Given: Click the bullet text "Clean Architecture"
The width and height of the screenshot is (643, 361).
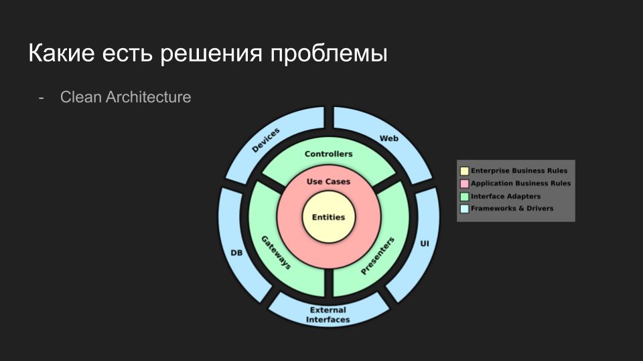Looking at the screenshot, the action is click(x=125, y=97).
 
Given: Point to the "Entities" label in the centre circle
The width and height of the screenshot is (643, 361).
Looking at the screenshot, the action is click(x=328, y=217).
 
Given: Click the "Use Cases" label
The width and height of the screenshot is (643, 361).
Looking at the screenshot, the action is click(x=328, y=181).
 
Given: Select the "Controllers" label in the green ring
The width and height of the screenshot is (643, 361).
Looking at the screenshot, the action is click(x=328, y=154).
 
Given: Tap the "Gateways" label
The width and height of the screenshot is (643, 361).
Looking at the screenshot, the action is click(x=276, y=252).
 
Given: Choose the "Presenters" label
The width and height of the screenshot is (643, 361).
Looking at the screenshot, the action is click(x=378, y=255).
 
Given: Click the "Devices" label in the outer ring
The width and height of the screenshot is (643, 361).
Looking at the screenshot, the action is click(x=266, y=140).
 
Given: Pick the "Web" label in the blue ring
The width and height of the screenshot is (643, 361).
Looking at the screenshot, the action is click(x=389, y=138).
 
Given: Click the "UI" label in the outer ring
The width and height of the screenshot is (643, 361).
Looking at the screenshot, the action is click(x=424, y=244).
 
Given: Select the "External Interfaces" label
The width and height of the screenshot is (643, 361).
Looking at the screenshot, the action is click(x=328, y=315).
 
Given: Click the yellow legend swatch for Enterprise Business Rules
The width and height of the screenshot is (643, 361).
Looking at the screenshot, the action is click(x=464, y=170).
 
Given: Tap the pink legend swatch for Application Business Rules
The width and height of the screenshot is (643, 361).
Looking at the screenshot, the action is click(x=464, y=183).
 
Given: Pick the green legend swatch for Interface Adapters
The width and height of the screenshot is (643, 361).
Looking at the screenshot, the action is click(x=464, y=197).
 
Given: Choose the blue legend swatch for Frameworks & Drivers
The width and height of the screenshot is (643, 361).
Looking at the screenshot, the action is click(x=464, y=209).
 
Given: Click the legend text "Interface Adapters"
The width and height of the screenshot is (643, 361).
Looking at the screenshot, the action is click(x=505, y=197).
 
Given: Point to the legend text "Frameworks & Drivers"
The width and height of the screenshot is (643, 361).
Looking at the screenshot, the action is click(x=512, y=209).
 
